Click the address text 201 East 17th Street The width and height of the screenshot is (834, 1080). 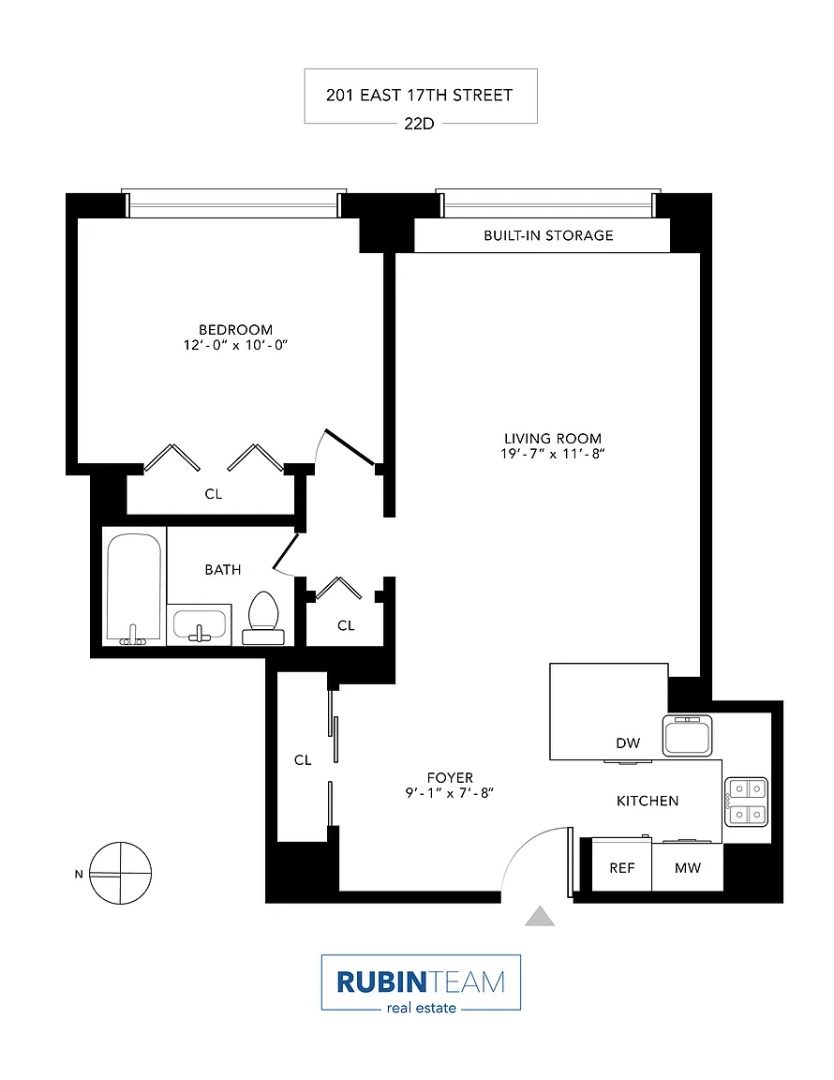click(420, 95)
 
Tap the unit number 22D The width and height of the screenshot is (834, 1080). click(420, 124)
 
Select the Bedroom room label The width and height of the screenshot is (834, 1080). click(235, 330)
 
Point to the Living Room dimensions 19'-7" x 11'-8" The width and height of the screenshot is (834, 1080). click(553, 454)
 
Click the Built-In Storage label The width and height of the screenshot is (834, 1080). click(548, 235)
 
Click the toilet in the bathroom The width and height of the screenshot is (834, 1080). click(263, 618)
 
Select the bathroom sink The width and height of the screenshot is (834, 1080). click(199, 624)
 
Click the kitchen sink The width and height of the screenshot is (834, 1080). click(687, 735)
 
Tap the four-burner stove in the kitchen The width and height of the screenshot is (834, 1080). click(747, 802)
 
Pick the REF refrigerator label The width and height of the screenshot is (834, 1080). click(622, 868)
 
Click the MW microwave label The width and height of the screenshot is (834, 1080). click(687, 868)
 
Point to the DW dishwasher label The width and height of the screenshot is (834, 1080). click(628, 743)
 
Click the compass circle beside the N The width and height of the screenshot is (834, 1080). click(121, 873)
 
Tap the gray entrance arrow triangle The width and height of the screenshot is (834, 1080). click(540, 916)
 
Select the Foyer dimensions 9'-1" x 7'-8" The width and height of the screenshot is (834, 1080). click(450, 793)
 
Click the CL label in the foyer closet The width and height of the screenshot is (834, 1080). click(303, 759)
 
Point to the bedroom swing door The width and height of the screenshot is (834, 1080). click(350, 447)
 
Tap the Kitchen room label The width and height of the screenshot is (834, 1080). click(648, 801)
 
